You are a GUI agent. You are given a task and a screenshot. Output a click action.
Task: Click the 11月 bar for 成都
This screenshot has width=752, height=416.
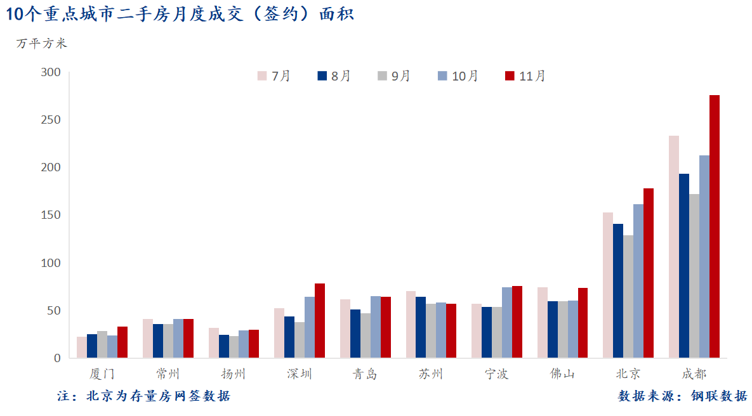(715, 226)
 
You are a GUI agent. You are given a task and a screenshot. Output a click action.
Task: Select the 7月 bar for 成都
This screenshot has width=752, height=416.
(674, 247)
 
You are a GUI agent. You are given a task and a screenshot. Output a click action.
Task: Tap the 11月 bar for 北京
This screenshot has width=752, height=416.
(649, 273)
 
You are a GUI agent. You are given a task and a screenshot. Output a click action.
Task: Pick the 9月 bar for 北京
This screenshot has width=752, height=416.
(628, 297)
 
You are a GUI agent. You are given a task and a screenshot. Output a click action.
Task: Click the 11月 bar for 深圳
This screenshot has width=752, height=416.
(320, 321)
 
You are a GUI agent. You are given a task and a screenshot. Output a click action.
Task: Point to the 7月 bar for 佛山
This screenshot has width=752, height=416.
(543, 323)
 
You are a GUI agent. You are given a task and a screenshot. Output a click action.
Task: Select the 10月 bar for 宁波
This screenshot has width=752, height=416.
(507, 323)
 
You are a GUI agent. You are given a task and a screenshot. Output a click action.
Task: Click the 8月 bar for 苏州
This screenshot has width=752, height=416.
(421, 327)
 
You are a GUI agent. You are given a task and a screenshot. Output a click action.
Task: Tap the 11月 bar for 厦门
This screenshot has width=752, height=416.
(122, 342)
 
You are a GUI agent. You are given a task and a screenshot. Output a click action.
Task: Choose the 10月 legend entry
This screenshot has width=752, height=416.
(458, 76)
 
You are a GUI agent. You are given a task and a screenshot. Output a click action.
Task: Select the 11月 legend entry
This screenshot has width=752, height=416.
(525, 76)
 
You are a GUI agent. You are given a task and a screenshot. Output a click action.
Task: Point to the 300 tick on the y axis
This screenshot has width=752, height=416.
(50, 72)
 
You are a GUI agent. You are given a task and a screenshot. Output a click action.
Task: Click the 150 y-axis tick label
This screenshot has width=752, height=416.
(50, 215)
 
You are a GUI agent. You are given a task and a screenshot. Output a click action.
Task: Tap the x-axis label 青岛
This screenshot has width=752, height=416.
(365, 374)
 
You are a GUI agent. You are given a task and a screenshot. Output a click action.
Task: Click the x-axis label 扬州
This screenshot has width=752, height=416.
(234, 374)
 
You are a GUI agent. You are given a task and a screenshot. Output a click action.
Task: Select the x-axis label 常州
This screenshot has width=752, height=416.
(168, 374)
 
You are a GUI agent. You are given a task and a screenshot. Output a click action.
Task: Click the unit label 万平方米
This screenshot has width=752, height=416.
(41, 44)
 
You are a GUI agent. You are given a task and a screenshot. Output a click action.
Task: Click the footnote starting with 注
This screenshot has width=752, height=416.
(143, 396)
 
